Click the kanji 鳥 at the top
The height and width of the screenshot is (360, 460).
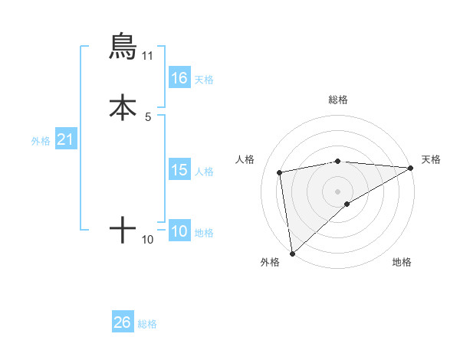tap(123, 47)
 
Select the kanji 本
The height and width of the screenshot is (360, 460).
tap(123, 107)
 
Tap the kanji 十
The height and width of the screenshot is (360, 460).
tap(123, 229)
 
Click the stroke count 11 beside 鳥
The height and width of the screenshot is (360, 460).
tap(148, 56)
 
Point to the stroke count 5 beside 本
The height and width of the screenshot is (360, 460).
tap(148, 116)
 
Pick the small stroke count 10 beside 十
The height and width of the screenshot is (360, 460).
tap(148, 239)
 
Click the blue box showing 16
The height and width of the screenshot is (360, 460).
tap(179, 78)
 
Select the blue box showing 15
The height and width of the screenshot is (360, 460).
tap(179, 170)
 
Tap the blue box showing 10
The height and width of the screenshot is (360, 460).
tap(179, 231)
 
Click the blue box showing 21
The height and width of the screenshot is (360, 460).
tap(65, 140)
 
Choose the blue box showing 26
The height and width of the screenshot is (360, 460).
tap(123, 322)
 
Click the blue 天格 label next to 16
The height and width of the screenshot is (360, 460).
tap(204, 79)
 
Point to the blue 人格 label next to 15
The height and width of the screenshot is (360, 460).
tap(204, 171)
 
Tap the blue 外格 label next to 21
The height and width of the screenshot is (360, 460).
tap(40, 141)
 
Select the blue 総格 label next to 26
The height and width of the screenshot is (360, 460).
tap(147, 323)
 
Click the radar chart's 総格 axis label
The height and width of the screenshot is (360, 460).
tap(338, 100)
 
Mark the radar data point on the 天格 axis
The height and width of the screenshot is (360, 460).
tap(411, 168)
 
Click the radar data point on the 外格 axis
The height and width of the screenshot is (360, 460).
tap(292, 253)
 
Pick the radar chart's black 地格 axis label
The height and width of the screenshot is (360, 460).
tap(402, 263)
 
